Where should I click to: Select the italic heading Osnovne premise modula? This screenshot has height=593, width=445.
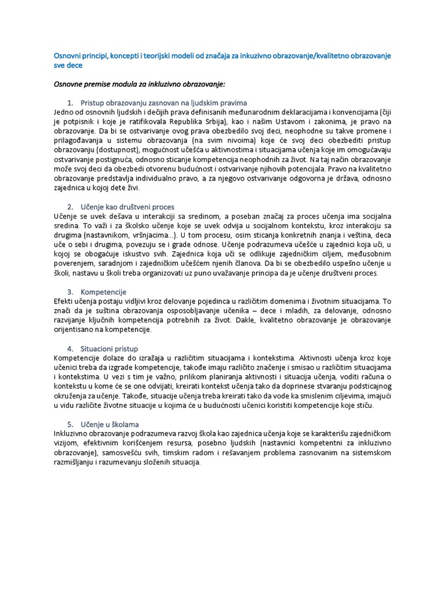pos(139,85)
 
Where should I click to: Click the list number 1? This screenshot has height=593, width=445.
pos(70,103)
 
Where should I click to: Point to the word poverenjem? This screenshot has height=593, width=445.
pos(73,263)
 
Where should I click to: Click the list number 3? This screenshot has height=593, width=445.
pos(70,292)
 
